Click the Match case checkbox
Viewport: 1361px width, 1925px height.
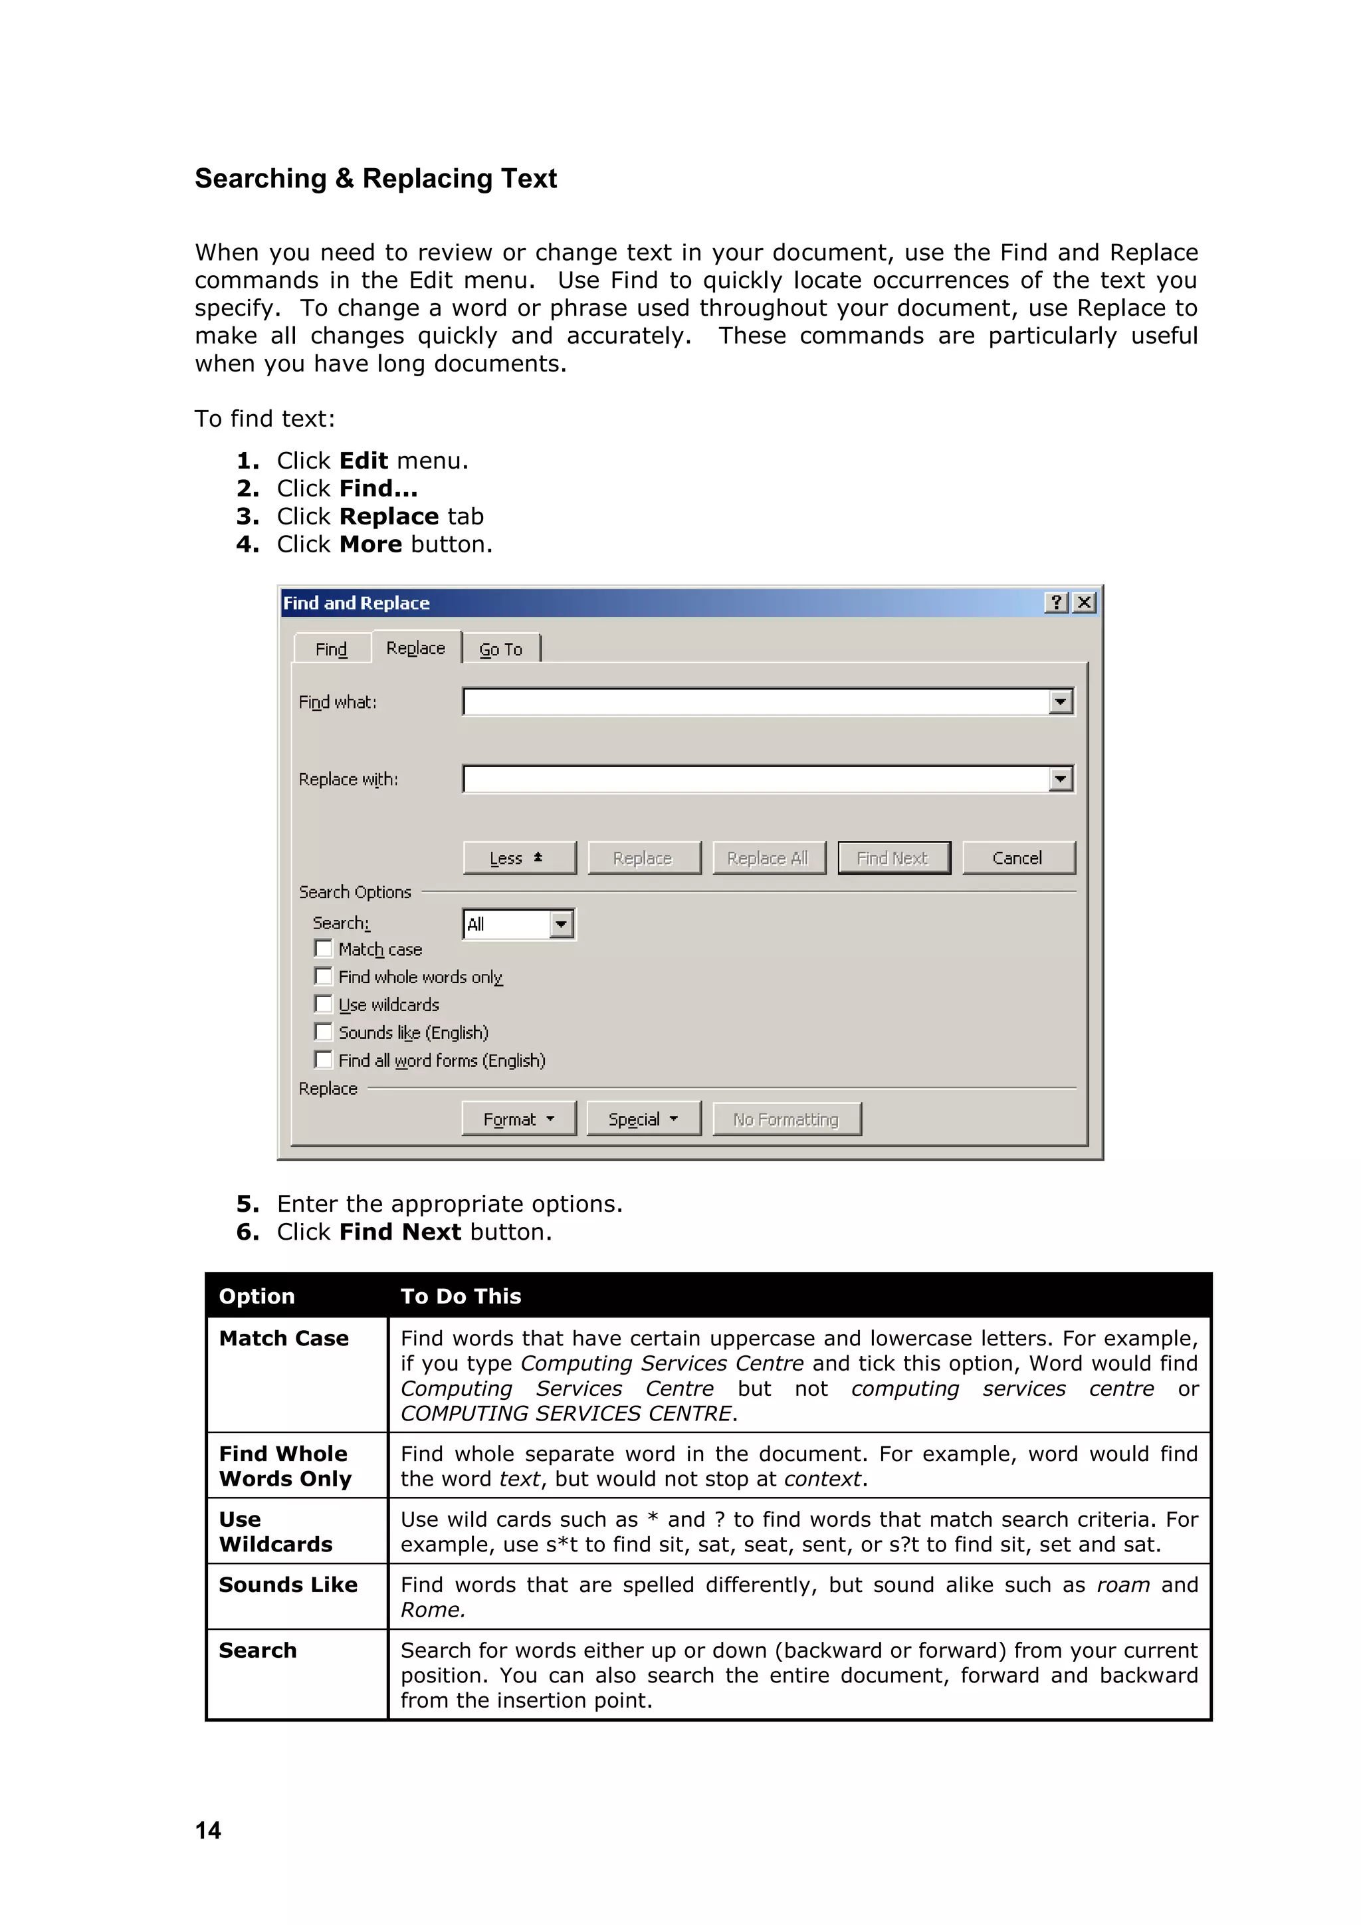point(324,949)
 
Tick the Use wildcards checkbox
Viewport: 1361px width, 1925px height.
point(324,1004)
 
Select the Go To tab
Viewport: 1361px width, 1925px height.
point(500,649)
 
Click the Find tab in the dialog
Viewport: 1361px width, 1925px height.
point(331,649)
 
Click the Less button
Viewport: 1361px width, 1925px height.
point(519,857)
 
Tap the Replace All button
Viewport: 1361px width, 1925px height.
point(768,857)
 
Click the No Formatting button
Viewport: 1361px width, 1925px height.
point(786,1119)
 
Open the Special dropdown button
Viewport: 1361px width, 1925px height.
point(643,1119)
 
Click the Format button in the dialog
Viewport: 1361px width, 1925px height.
point(519,1119)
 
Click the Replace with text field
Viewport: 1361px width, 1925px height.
point(754,779)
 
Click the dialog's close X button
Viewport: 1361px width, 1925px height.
point(1085,602)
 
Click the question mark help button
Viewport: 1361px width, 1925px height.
point(1057,602)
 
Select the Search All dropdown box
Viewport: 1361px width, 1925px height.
point(518,924)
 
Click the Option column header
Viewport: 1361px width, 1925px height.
point(257,1296)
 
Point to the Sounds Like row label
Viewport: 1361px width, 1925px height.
point(288,1585)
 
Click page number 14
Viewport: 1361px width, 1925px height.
point(208,1830)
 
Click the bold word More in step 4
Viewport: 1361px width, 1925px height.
point(370,544)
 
